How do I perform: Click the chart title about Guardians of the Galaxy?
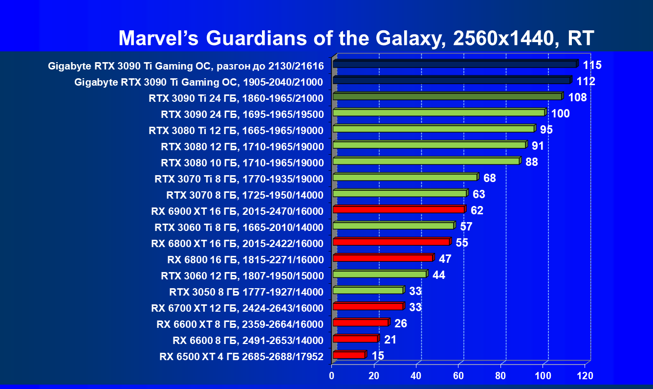356,38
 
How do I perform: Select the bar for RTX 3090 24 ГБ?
438,113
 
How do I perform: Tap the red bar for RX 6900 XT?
398,209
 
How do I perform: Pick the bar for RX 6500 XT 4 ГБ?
348,355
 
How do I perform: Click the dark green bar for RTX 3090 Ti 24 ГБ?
447,96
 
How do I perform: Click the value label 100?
560,114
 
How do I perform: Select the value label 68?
489,178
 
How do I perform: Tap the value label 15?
377,356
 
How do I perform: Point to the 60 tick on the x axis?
458,376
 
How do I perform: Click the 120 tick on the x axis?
585,376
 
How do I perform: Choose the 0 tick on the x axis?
332,376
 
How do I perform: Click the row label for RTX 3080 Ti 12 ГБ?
236,131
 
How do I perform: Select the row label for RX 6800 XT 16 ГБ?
237,244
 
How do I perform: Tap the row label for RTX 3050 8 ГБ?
246,292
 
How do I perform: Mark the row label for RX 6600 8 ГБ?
248,341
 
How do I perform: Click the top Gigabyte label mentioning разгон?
186,66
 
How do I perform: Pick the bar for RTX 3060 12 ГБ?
379,274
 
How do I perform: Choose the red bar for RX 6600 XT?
360,322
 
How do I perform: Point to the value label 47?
445,259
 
